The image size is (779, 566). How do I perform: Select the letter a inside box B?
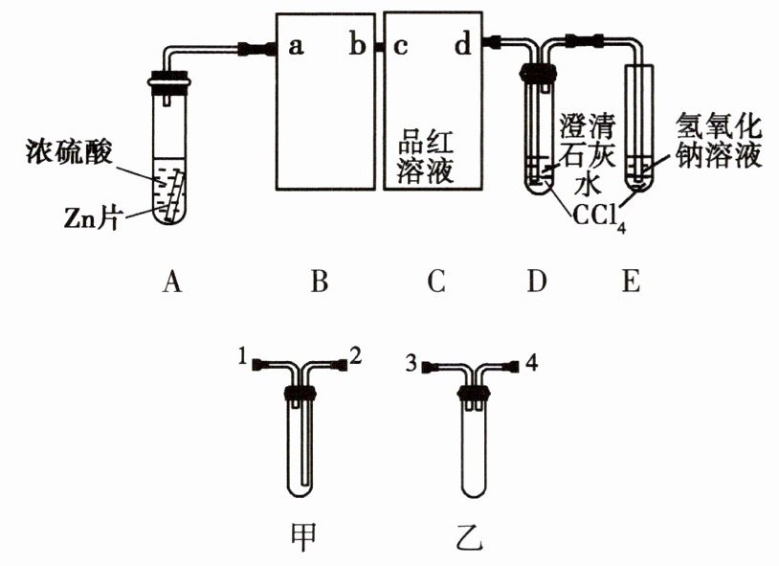pos(297,45)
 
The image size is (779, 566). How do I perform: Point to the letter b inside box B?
pos(357,45)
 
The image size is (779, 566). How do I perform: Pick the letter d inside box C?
pos(462,44)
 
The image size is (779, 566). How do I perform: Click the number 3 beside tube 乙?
pos(411,364)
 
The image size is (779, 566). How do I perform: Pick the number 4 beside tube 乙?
pos(532,363)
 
